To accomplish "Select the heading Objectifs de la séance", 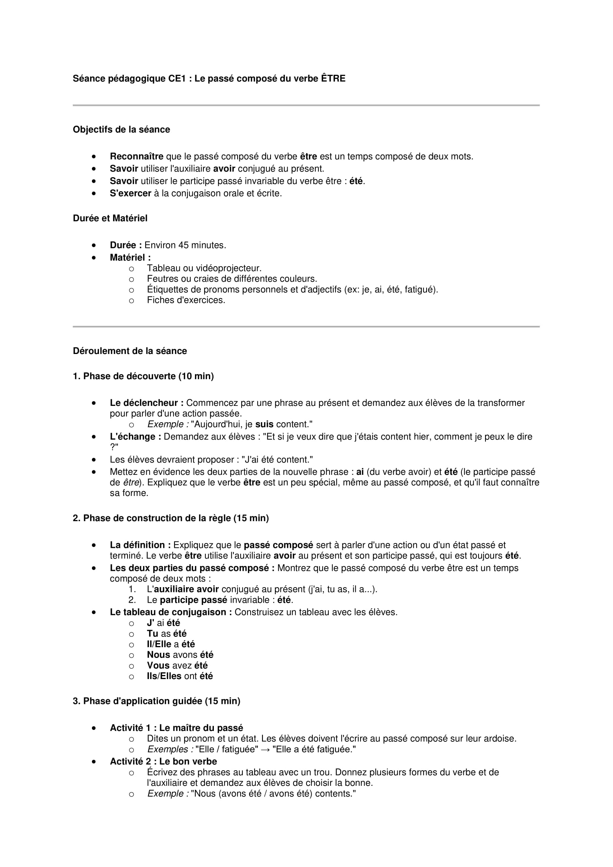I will (x=121, y=129).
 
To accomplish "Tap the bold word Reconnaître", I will (x=136, y=156).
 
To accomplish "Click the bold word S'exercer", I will (x=130, y=193).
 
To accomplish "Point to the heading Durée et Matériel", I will (x=110, y=218).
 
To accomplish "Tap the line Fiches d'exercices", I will (x=186, y=300).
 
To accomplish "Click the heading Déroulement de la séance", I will (x=129, y=351).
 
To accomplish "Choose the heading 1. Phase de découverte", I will (x=143, y=376).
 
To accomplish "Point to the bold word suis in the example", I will (x=264, y=424).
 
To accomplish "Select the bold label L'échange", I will (x=135, y=437).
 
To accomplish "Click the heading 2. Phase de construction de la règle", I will (x=170, y=518).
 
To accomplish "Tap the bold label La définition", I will (x=140, y=545).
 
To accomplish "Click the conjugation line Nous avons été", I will (x=180, y=654).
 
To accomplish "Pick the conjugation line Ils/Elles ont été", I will (x=180, y=676).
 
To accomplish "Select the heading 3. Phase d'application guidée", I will (x=156, y=701).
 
